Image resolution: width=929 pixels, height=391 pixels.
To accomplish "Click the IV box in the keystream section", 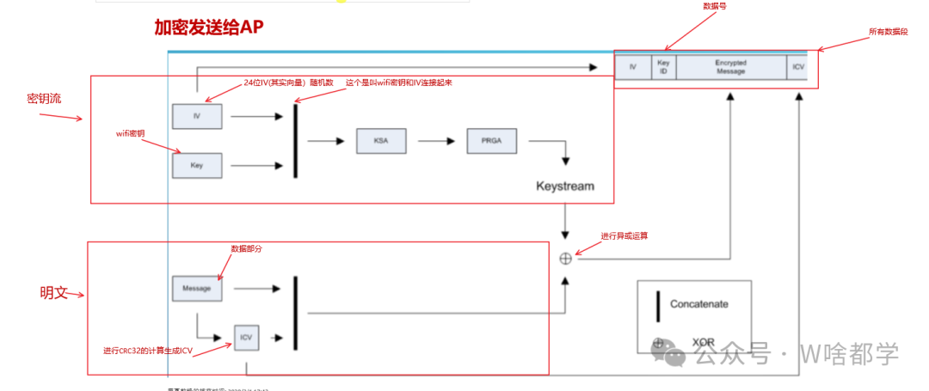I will [x=197, y=115].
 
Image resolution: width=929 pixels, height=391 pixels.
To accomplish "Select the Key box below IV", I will [x=197, y=165].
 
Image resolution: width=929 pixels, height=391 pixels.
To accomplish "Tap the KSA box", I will [x=381, y=141].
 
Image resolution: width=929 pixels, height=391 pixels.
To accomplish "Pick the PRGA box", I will [x=492, y=141].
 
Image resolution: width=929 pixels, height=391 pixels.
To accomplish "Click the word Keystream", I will [x=565, y=186].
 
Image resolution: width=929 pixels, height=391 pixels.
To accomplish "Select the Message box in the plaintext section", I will [x=197, y=289].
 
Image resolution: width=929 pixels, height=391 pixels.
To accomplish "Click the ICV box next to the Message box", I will [x=247, y=338].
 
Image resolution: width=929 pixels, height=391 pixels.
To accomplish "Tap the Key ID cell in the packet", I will [x=663, y=67].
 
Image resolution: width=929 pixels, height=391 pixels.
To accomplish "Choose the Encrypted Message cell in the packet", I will [x=730, y=67].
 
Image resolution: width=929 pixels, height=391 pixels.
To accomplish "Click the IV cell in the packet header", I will [x=633, y=67].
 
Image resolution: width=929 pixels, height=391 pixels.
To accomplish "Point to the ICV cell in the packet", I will [x=797, y=67].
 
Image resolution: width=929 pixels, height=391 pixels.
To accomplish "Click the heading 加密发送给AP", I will [x=209, y=27].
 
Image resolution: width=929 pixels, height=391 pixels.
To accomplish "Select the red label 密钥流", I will [x=44, y=98].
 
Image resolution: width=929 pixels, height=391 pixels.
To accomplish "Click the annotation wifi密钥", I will [x=130, y=133].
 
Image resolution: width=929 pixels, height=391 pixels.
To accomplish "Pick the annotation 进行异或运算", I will [x=624, y=235].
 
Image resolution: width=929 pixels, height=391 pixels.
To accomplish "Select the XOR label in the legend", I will [x=704, y=342].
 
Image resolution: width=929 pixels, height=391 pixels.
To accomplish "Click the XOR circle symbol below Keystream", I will [x=565, y=258].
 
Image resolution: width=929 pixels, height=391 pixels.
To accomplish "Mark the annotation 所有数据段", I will [x=889, y=32].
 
